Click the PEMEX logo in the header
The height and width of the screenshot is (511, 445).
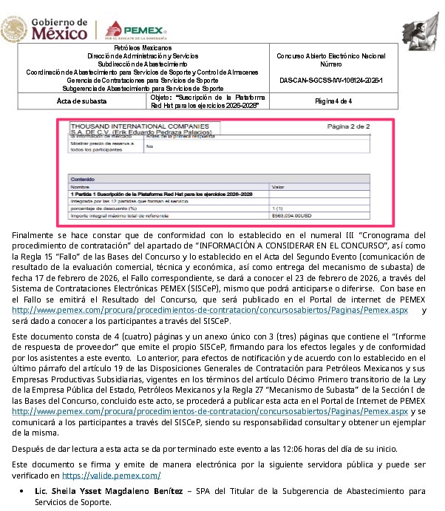pos(136,29)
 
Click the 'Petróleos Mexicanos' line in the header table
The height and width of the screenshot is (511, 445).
pos(136,48)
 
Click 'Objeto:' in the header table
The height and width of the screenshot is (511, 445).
pos(161,97)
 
